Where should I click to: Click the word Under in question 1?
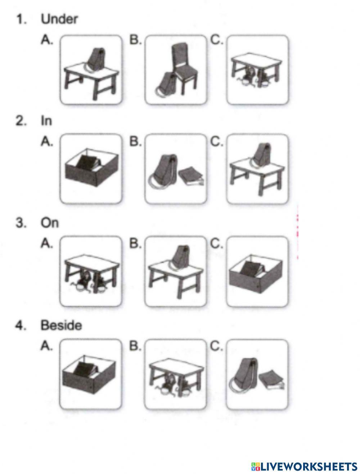pos(59,19)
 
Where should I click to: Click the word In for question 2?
pos(46,121)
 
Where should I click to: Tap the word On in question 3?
pos(49,223)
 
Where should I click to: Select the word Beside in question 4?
pos(61,325)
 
